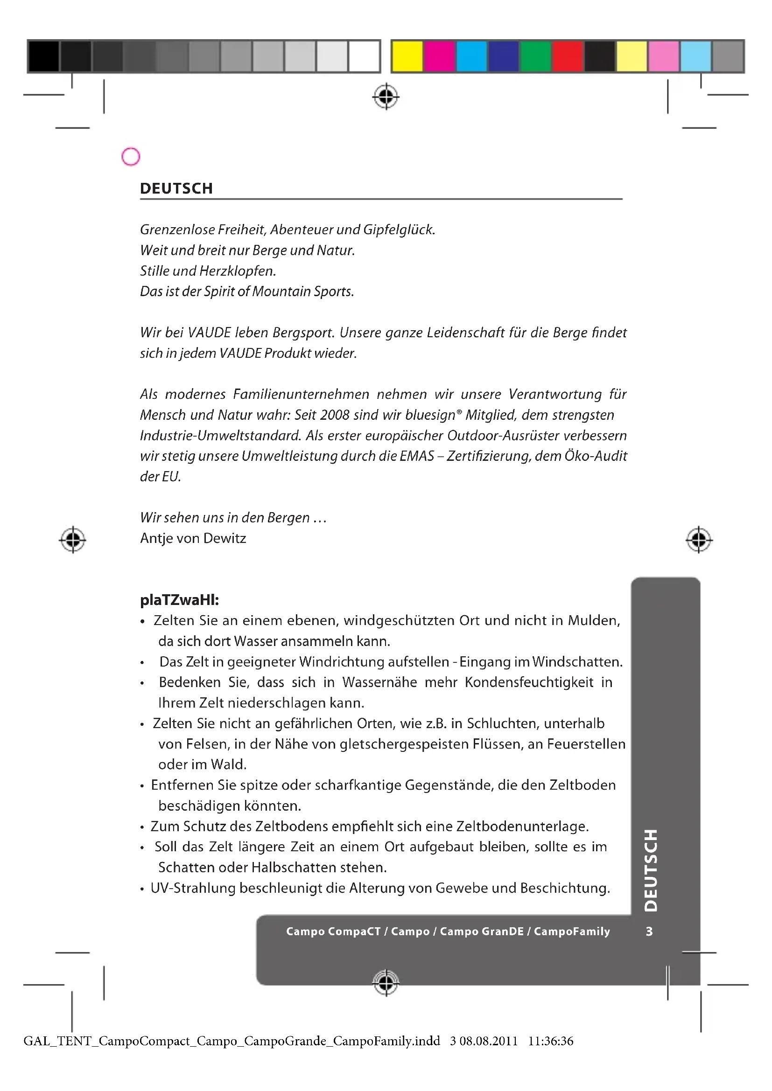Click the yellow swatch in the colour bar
click(407, 56)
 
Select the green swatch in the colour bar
click(535, 56)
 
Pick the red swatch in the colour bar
click(568, 56)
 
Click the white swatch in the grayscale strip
click(364, 56)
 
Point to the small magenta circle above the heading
click(131, 157)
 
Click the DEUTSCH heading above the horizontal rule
click(176, 188)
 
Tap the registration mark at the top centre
click(386, 97)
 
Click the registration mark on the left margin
click(73, 540)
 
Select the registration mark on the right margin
click(699, 540)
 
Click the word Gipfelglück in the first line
click(399, 230)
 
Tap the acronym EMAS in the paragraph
click(417, 456)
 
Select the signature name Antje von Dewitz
click(193, 538)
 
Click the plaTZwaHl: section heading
click(179, 600)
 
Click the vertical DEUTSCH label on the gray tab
click(651, 870)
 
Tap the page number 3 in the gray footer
click(649, 931)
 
